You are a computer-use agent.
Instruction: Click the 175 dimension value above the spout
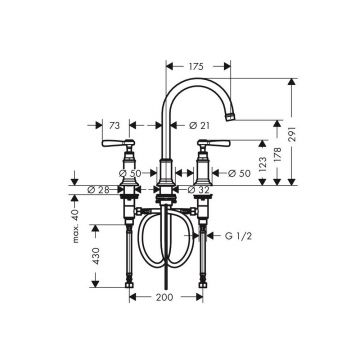coord(196,66)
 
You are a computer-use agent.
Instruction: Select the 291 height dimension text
coord(292,134)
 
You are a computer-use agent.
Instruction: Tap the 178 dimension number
coord(277,154)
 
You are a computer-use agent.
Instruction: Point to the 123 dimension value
coord(263,164)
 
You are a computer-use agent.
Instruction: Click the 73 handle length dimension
coord(114,125)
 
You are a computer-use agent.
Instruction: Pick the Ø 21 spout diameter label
coord(199,125)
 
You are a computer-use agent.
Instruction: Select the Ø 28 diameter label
coord(98,190)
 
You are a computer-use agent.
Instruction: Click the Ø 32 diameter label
coord(198,190)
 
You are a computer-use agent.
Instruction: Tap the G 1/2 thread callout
coord(238,236)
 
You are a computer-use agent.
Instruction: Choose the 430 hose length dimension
coord(96,256)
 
